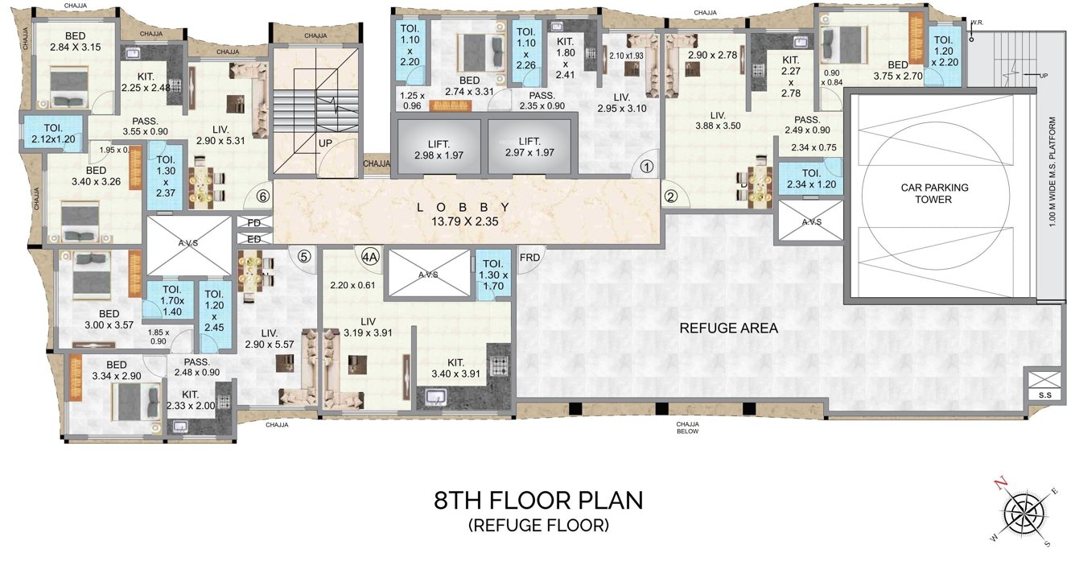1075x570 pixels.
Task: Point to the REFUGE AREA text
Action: click(x=729, y=328)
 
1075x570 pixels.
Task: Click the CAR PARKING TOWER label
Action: click(x=933, y=193)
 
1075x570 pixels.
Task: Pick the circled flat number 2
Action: click(x=672, y=195)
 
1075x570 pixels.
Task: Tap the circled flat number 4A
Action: click(x=369, y=257)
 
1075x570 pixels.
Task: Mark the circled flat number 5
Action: click(x=303, y=257)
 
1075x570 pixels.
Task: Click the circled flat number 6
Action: click(x=262, y=195)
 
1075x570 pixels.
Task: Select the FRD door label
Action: click(x=529, y=258)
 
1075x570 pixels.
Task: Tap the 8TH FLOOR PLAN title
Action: click(x=538, y=500)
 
